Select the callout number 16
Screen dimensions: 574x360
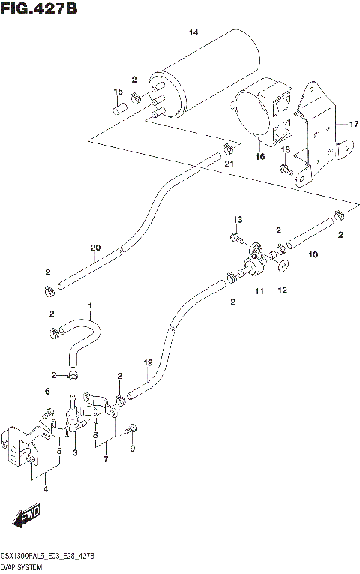(260, 157)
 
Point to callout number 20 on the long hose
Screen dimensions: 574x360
(94, 248)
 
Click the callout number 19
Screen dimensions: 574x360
(148, 363)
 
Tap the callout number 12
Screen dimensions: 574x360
(283, 290)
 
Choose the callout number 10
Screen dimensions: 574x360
(313, 255)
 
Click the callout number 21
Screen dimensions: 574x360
(229, 164)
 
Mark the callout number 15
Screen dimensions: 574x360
(117, 92)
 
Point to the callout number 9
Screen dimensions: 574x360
(133, 449)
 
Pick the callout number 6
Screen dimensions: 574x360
(46, 391)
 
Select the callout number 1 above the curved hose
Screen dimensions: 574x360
(89, 305)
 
